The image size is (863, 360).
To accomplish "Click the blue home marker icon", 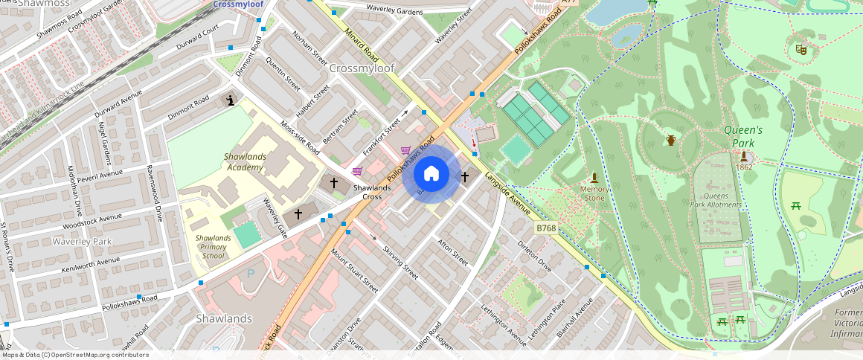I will click(x=431, y=174).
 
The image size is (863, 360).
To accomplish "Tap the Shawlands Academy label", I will click(x=244, y=162).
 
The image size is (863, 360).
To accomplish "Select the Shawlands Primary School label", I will click(x=213, y=247).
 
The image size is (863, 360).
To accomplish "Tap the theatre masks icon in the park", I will click(x=801, y=50).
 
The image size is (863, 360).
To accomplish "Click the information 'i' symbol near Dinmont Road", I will click(x=231, y=100).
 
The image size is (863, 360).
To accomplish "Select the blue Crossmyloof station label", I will click(x=239, y=4).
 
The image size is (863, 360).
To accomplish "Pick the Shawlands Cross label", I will click(x=372, y=192).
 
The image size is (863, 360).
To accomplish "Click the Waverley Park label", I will click(x=81, y=242).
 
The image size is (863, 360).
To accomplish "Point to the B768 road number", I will click(x=545, y=228).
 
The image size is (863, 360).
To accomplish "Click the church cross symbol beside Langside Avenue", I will click(x=465, y=177).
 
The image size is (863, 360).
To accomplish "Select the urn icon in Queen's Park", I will click(x=671, y=140).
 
